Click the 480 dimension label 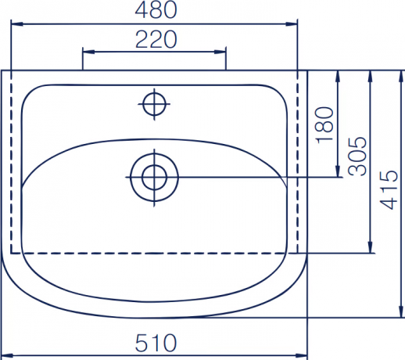(156, 10)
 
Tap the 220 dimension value (156, 40)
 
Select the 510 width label (156, 343)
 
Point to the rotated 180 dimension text (324, 125)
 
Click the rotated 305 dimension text (357, 156)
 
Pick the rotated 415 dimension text (389, 190)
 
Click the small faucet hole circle (154, 104)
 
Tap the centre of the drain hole (154, 178)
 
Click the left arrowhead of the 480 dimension (17, 24)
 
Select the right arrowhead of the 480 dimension (292, 24)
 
